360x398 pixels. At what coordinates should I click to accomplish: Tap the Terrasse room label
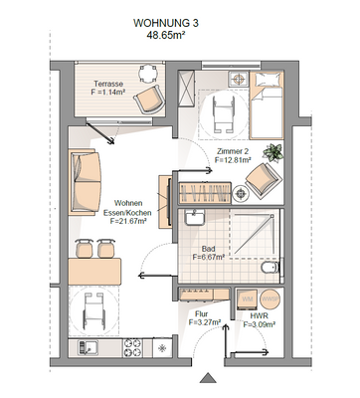click(x=108, y=85)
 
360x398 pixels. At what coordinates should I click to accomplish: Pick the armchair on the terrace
click(x=149, y=98)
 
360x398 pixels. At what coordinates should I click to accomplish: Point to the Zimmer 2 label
click(x=232, y=150)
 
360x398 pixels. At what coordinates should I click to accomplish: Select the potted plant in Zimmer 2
click(x=276, y=151)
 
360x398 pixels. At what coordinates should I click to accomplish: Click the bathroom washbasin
click(x=197, y=219)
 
